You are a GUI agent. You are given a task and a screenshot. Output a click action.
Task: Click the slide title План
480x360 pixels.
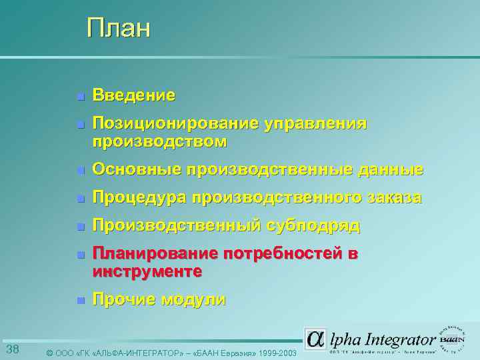(x=119, y=29)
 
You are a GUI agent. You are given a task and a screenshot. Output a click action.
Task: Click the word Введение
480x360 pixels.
(x=134, y=96)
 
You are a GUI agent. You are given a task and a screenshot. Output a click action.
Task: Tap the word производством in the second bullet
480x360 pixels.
(x=159, y=141)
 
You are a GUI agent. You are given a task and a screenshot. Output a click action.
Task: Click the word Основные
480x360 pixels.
(x=137, y=170)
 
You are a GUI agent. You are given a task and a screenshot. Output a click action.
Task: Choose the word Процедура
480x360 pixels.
(x=139, y=198)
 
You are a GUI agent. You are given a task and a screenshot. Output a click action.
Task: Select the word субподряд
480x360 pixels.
(x=314, y=226)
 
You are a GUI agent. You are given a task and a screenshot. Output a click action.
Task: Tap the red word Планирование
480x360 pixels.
(x=155, y=254)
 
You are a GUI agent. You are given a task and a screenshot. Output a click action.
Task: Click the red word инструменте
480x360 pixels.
(x=147, y=271)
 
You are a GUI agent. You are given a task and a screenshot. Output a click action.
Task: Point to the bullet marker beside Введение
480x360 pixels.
(x=79, y=97)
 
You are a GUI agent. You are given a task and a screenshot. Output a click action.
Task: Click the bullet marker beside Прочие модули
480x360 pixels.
(x=79, y=301)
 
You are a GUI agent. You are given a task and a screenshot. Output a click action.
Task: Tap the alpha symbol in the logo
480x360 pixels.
(x=315, y=338)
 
